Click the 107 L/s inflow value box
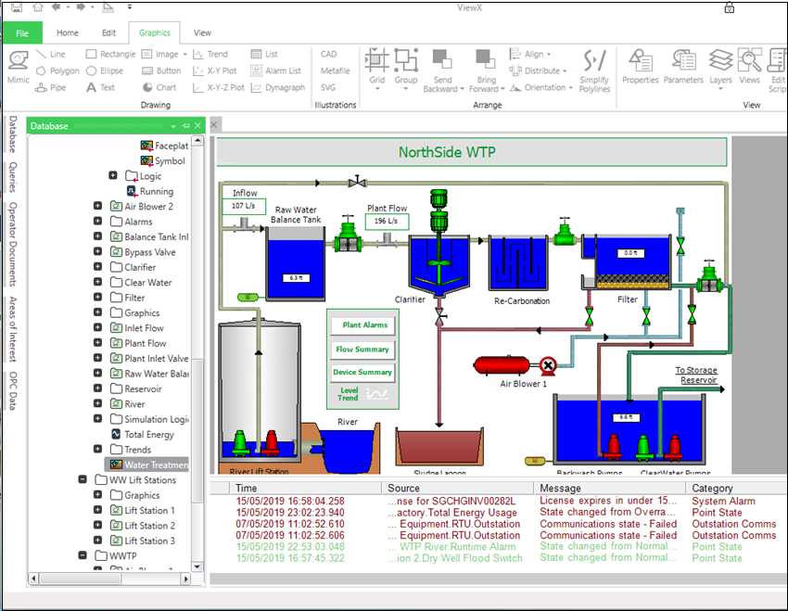[244, 206]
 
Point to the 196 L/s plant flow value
[387, 222]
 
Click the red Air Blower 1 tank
[502, 365]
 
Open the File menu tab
[22, 33]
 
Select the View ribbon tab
[202, 33]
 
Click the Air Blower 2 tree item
[148, 207]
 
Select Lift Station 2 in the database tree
[149, 526]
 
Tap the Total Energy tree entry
[148, 435]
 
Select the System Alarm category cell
[723, 502]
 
